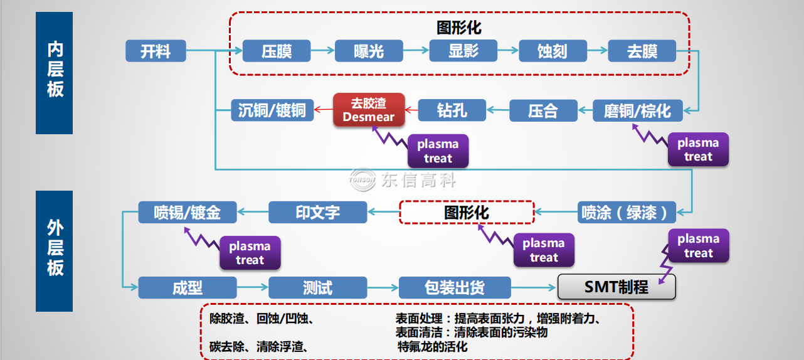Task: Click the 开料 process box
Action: point(156,51)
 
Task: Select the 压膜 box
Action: point(277,51)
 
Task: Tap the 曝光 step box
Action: point(369,51)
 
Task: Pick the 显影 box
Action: point(463,51)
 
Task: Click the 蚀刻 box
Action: point(553,51)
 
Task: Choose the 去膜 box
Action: point(642,51)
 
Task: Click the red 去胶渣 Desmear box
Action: point(369,110)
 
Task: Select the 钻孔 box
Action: point(452,110)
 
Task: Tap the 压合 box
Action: point(542,111)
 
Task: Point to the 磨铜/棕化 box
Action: point(637,111)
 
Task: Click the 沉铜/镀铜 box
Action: point(272,110)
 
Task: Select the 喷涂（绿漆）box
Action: point(627,212)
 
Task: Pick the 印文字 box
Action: point(317,212)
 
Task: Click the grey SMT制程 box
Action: point(616,287)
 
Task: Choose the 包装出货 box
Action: point(454,288)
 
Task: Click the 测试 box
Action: point(317,288)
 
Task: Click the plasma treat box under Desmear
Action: point(438,151)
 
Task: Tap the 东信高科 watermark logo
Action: point(404,181)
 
